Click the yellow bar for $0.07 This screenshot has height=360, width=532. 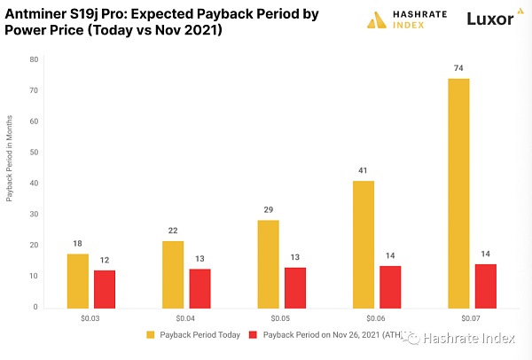pyautogui.click(x=458, y=192)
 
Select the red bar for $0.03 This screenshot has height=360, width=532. pyautogui.click(x=104, y=288)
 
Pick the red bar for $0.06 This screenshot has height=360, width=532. pyautogui.click(x=390, y=286)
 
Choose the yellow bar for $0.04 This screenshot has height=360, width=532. pyautogui.click(x=173, y=274)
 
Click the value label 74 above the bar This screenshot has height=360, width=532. pyautogui.click(x=458, y=68)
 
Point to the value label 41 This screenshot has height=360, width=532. pyautogui.click(x=364, y=170)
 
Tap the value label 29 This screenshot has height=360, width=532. pyautogui.click(x=268, y=209)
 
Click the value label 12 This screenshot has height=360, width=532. pyautogui.click(x=104, y=260)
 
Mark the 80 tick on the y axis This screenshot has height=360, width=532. pyautogui.click(x=33, y=59)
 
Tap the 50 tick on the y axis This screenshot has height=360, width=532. pyautogui.click(x=33, y=153)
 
